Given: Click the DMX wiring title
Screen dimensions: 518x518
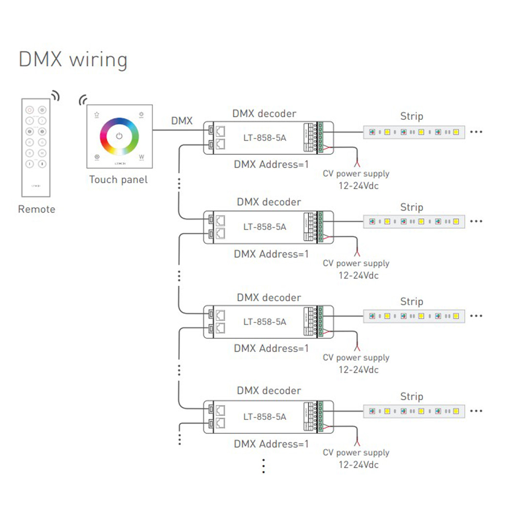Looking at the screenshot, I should point(73,60).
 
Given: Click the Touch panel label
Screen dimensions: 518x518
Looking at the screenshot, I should point(118,179).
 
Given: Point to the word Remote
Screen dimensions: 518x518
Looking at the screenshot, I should point(37,209).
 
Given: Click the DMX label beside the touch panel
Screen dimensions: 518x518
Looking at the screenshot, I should point(182,120).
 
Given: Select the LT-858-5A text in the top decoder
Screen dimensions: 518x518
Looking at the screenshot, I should point(265,138).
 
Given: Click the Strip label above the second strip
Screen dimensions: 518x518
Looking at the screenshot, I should point(411,207).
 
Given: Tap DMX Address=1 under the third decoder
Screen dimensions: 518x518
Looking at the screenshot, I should point(271,348).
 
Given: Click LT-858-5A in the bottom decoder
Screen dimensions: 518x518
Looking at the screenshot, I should point(265,417).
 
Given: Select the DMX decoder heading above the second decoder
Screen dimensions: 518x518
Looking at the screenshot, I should point(269,202).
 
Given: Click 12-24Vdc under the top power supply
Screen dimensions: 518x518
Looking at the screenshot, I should point(359,186).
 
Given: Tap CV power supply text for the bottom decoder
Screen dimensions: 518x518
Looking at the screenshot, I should point(356,453).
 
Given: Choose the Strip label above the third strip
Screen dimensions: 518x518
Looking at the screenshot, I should point(411,302).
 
